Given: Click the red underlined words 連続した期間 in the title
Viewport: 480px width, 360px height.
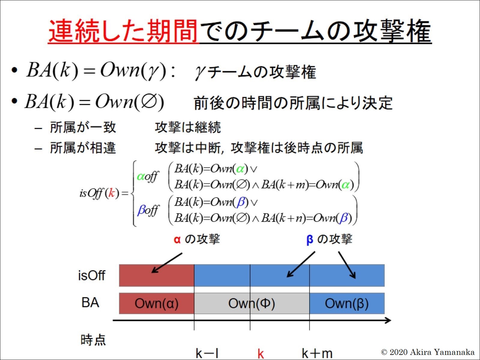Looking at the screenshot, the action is click(123, 31).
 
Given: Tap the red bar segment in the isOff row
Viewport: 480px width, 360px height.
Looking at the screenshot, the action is click(156, 275).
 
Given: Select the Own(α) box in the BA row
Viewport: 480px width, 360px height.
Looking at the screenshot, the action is click(156, 303).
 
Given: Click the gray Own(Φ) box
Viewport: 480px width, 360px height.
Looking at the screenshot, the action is click(252, 303).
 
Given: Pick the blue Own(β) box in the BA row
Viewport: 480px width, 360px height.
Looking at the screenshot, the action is click(347, 303).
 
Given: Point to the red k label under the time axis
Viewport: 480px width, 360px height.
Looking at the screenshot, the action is click(261, 353).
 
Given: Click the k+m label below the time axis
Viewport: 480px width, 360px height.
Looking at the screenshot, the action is click(317, 353).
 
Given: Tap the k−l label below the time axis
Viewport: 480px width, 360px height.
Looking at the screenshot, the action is click(207, 353).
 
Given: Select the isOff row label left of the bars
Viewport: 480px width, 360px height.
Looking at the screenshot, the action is click(92, 275).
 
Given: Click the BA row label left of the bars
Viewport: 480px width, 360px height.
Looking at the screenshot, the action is click(90, 303).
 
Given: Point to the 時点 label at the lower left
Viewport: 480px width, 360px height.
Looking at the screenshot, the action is click(93, 340).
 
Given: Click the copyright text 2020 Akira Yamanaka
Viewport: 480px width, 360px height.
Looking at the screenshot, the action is click(428, 352).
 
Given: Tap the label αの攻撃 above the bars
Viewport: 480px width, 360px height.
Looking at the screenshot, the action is click(197, 239).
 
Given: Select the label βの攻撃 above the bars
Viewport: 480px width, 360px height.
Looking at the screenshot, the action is click(329, 239).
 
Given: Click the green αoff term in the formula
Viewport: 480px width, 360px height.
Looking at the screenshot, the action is click(148, 176).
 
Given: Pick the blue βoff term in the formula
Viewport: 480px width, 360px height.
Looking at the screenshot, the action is click(148, 210).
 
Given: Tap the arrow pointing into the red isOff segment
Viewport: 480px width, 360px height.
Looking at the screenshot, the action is click(167, 263).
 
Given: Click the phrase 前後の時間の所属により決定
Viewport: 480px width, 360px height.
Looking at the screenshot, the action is click(293, 103).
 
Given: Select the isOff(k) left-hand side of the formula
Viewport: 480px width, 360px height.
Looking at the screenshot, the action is click(99, 193).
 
